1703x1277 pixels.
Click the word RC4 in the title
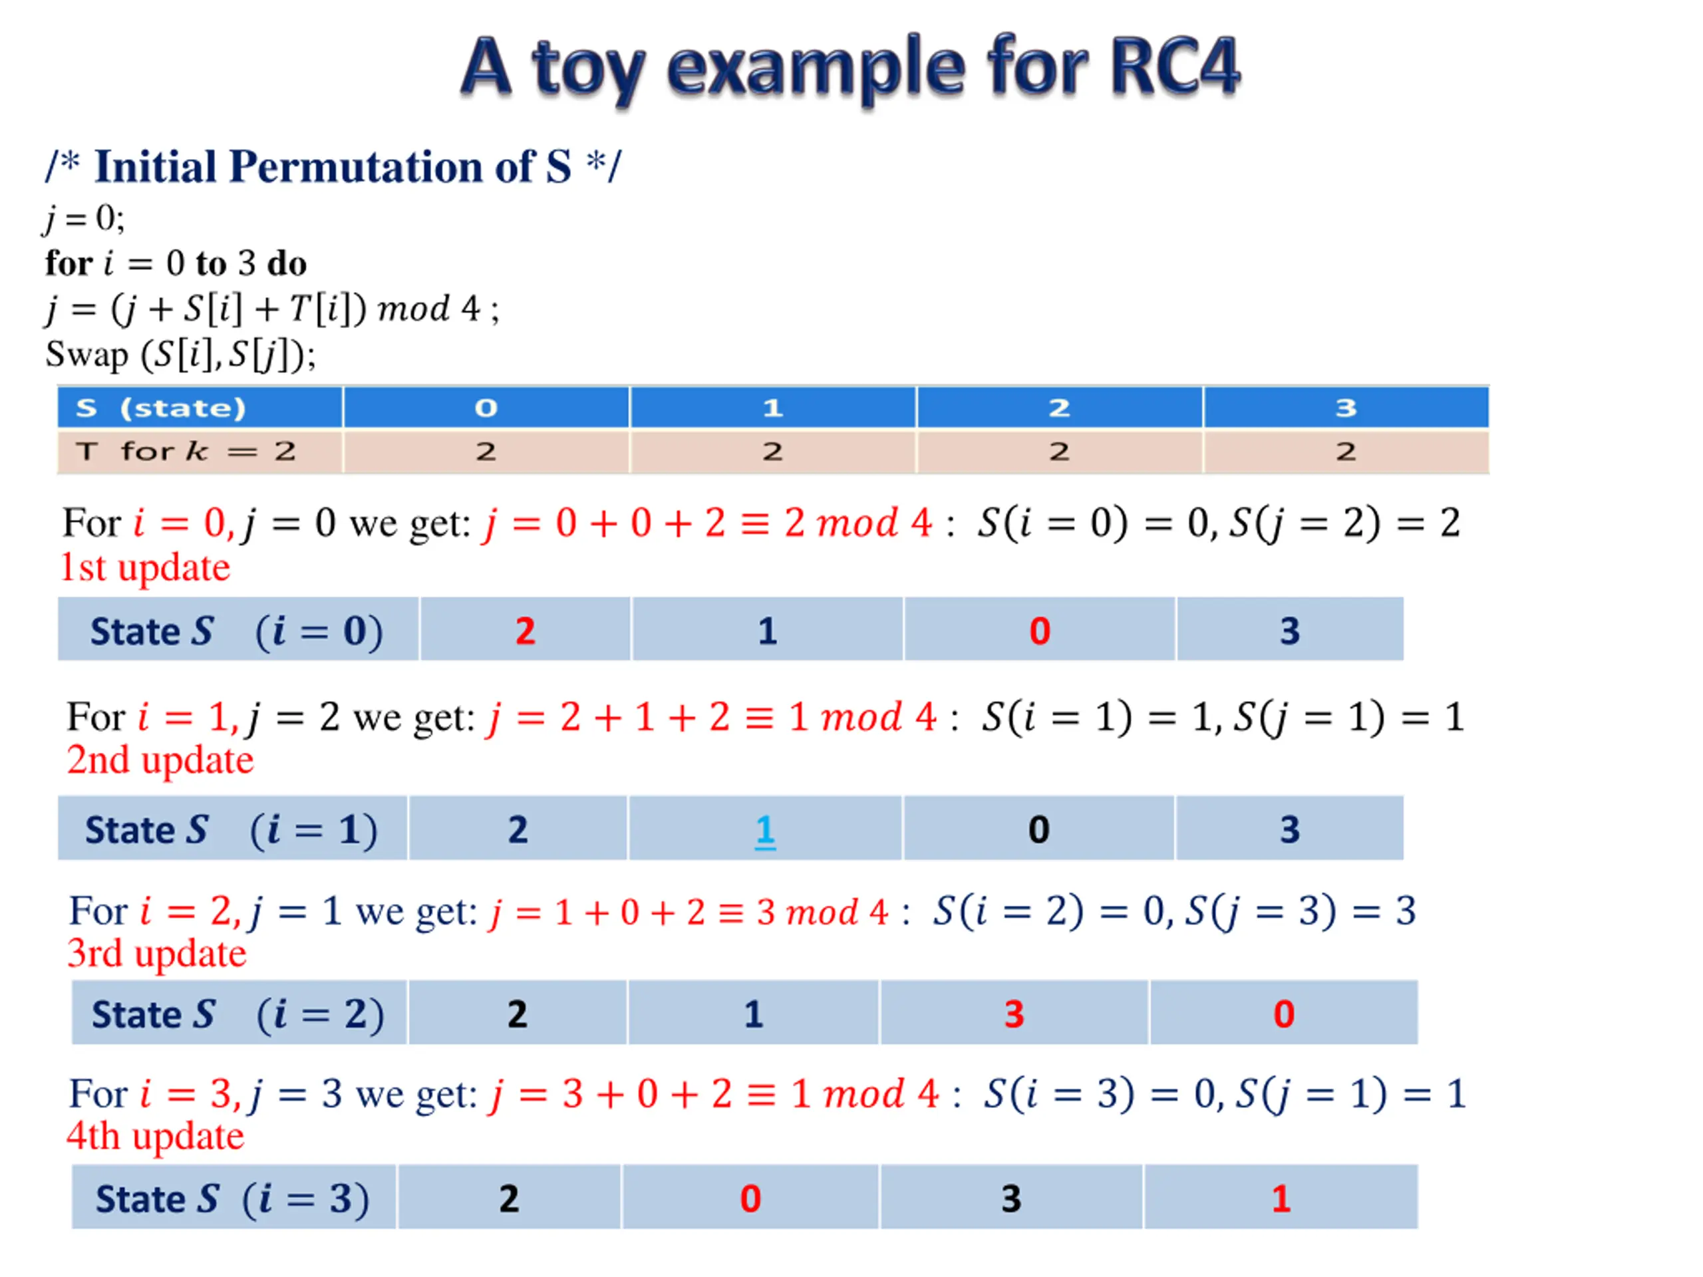tap(1174, 68)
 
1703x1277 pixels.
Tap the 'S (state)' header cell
tap(161, 407)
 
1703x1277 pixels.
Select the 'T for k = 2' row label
tap(186, 451)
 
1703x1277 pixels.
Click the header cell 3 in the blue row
tap(1345, 407)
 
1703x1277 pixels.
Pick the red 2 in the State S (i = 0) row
tap(525, 631)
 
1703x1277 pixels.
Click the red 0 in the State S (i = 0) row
tap(1039, 631)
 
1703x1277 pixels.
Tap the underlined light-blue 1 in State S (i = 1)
tap(764, 830)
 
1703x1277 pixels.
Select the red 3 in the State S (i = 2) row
tap(1014, 1014)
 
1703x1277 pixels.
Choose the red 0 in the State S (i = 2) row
tap(1283, 1014)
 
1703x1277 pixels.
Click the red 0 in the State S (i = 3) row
tap(750, 1199)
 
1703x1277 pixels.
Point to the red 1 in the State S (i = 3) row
tap(1281, 1199)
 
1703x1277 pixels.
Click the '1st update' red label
tap(145, 568)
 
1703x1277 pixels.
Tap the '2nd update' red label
tap(160, 760)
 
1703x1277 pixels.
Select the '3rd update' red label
tap(157, 954)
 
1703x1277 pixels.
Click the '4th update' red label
tap(156, 1136)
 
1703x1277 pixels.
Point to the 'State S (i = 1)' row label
tap(231, 830)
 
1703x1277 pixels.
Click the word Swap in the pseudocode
tap(87, 355)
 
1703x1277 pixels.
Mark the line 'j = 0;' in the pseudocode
tap(84, 219)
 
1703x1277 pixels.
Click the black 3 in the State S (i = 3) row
tap(1011, 1199)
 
